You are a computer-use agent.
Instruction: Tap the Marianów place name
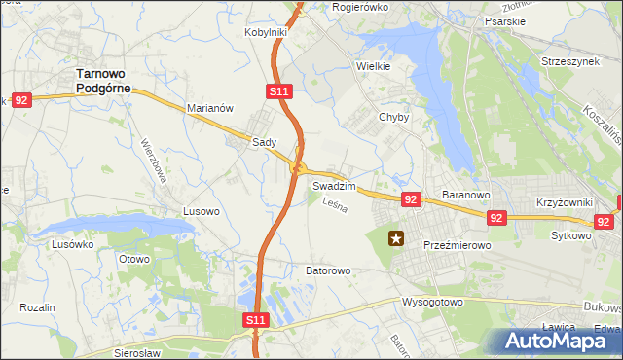coord(209,109)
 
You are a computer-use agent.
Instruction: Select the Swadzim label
coord(335,185)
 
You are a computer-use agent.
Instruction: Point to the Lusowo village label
coord(202,210)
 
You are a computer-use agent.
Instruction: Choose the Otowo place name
coord(133,259)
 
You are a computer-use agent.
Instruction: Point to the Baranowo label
coord(464,195)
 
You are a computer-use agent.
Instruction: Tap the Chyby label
coord(393,117)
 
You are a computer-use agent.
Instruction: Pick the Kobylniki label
coord(266,32)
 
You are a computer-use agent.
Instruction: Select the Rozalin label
coord(37,307)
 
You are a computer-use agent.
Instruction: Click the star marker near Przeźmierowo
coord(396,237)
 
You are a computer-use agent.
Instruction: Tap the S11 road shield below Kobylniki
coord(278,90)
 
